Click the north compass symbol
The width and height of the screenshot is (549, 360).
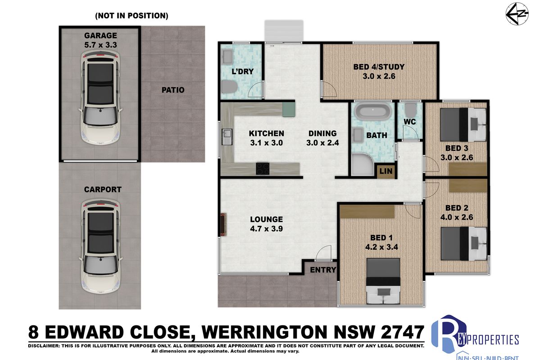click(x=517, y=13)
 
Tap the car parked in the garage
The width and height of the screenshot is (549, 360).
click(x=100, y=98)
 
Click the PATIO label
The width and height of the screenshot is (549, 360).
click(x=173, y=90)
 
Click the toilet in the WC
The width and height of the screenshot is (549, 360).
click(x=409, y=110)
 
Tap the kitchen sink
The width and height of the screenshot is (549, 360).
click(x=227, y=137)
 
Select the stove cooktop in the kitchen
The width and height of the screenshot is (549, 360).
click(x=263, y=168)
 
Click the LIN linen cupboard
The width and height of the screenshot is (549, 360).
click(x=386, y=171)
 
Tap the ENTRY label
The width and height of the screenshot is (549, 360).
click(x=323, y=270)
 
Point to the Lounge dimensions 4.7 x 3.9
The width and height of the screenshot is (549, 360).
click(x=267, y=229)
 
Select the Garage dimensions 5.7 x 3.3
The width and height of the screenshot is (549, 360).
click(x=100, y=45)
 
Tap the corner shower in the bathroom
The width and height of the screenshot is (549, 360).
click(x=363, y=164)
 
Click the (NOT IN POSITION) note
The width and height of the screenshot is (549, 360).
click(x=132, y=16)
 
